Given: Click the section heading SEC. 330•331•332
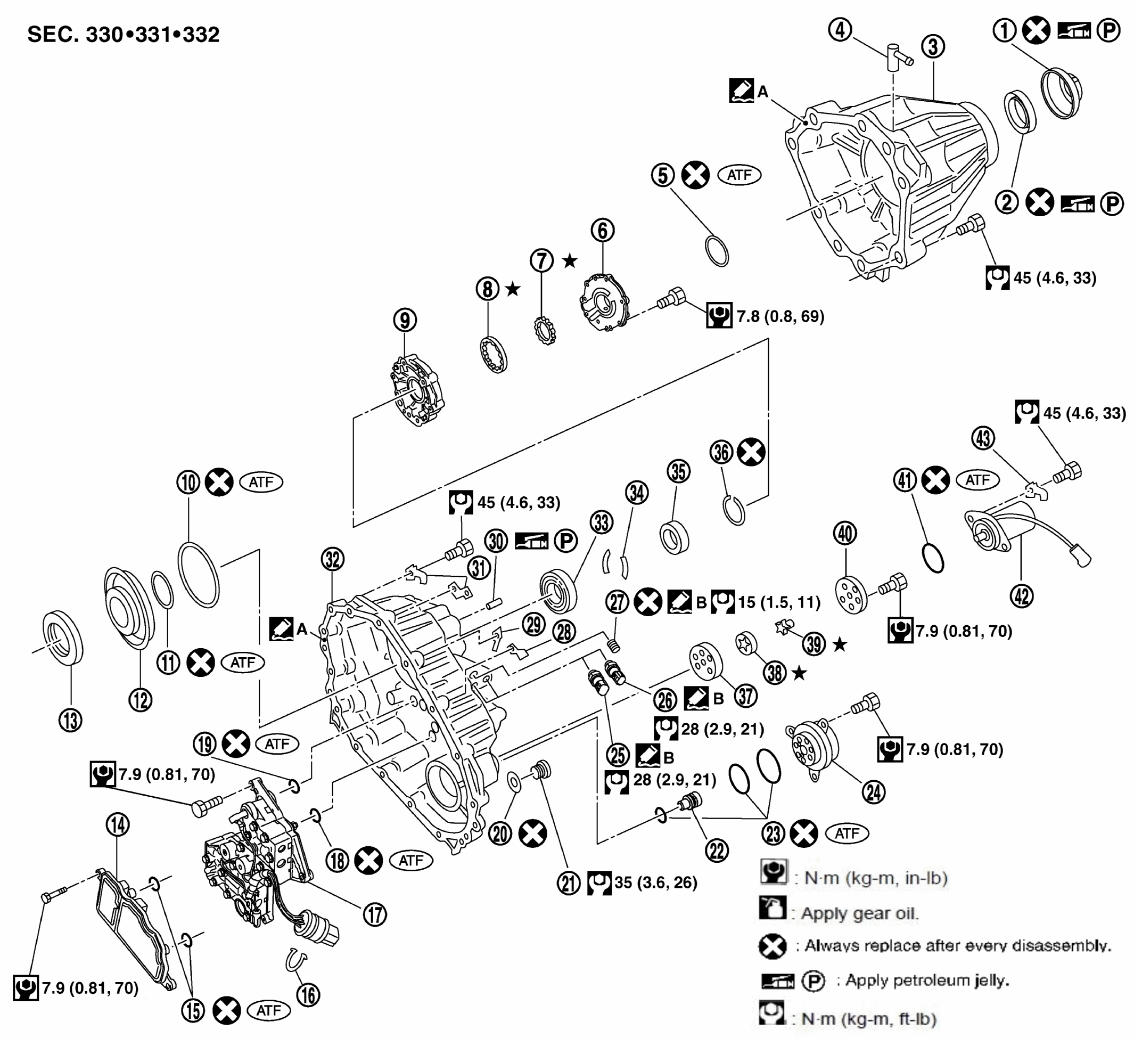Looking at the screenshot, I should pos(123,35).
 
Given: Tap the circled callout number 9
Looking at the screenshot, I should pos(405,320).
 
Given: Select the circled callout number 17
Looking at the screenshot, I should pos(375,914).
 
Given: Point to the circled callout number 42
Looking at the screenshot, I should pos(1022,596).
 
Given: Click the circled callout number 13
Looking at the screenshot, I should pos(70,720).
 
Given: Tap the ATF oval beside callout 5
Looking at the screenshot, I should pos(739,175).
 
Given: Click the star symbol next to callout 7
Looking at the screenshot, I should pos(570,260).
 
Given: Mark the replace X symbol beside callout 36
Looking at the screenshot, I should pos(752,452).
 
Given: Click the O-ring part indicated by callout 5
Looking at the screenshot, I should pos(717,251).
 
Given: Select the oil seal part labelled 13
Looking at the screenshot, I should pos(63,637).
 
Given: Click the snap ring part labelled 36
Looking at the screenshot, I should pos(734,510).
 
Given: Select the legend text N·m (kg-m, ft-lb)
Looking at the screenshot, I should pos(868,1019).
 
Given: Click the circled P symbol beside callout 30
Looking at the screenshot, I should pos(566,541).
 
